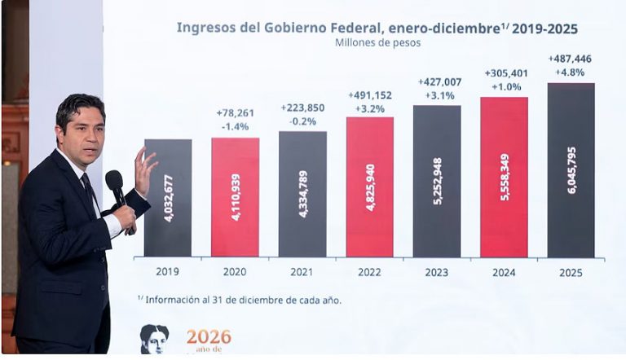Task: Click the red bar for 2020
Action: coord(235,197)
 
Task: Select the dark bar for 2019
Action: coord(168,198)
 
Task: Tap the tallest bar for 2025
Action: coord(571,170)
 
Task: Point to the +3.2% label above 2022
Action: coord(369,108)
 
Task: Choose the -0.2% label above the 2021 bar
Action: coord(302,122)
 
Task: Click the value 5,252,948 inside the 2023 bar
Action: coord(438,181)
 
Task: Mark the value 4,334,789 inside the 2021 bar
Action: coord(303,192)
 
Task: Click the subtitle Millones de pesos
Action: coord(376,42)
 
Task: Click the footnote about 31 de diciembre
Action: coord(240,300)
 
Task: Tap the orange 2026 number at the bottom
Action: coord(209,336)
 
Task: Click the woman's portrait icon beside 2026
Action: coord(154,338)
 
